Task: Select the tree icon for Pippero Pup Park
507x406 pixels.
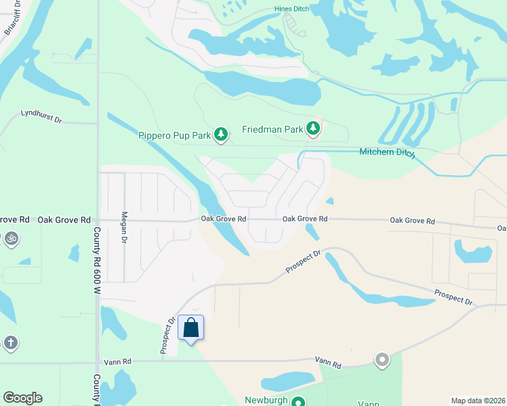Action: [220, 135]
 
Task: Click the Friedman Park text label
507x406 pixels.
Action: [272, 129]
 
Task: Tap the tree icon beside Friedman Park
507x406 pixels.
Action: [312, 127]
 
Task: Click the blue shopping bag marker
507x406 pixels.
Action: [190, 328]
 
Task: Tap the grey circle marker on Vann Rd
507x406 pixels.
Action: [382, 359]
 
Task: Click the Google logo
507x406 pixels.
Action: [22, 398]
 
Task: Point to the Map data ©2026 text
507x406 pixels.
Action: [478, 401]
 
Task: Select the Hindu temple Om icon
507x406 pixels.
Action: [10, 238]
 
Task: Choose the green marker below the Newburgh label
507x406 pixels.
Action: [298, 402]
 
